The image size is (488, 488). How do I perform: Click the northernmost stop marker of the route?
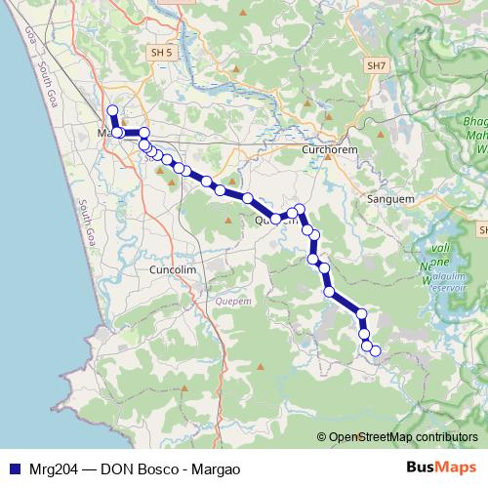coord(112,111)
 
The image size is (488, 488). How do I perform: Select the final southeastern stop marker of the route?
coord(375,351)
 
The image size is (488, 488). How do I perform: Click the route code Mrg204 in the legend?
coord(53,468)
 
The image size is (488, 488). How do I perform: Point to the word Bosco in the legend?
coord(157,468)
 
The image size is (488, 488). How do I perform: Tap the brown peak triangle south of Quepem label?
coord(261,367)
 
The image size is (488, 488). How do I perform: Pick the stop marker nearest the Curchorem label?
coord(301,209)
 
